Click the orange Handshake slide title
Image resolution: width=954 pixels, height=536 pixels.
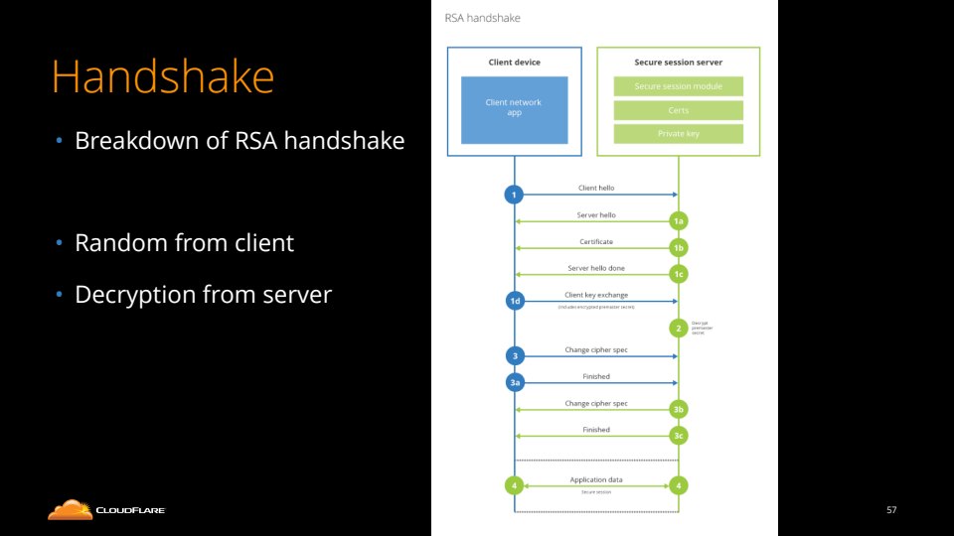click(x=162, y=77)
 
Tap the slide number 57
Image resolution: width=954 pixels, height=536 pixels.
click(x=891, y=510)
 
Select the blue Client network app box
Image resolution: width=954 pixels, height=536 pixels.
click(x=513, y=107)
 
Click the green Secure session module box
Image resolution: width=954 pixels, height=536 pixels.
click(x=678, y=86)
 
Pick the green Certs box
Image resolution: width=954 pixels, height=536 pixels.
click(x=678, y=110)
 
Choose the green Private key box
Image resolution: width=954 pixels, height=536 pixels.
click(x=678, y=133)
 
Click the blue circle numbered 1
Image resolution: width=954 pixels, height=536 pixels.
click(x=514, y=195)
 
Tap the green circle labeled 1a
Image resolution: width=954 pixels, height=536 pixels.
click(x=678, y=222)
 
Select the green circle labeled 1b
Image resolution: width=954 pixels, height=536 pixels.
click(x=678, y=248)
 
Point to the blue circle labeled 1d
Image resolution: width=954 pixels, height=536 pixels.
click(x=514, y=301)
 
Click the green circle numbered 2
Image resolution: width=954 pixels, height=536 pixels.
click(x=678, y=328)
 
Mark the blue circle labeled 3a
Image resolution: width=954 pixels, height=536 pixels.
click(x=514, y=382)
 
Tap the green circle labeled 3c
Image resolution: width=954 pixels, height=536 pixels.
click(x=678, y=436)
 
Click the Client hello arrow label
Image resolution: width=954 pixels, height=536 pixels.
click(x=595, y=187)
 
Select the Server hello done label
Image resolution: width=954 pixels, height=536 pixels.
click(x=595, y=268)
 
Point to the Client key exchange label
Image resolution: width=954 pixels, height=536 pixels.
click(x=595, y=295)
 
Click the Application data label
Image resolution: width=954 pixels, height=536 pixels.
click(x=595, y=479)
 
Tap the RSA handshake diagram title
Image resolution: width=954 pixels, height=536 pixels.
click(x=482, y=18)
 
